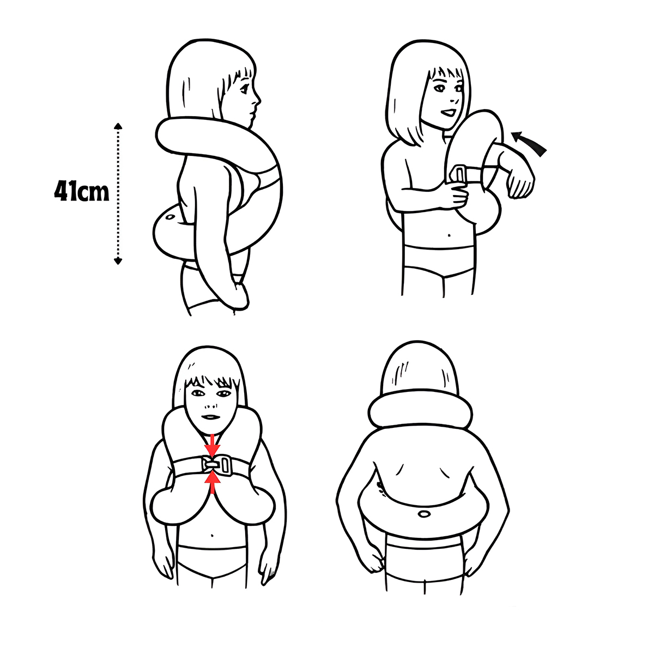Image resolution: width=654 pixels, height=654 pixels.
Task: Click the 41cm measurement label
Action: coord(82,192)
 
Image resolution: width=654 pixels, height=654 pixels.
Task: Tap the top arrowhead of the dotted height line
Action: coord(118,126)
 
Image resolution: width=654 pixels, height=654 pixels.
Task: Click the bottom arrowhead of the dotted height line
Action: coord(118,261)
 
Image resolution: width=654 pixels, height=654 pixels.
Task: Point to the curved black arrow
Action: coord(528,143)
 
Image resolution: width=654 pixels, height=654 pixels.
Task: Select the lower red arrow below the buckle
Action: coord(213,482)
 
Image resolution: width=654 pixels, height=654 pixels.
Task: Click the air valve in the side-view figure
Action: coord(169,217)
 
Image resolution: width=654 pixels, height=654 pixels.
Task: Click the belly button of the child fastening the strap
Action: coord(449,235)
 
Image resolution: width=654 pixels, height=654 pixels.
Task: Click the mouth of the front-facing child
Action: coord(211,417)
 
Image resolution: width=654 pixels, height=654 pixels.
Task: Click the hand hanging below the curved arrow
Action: coord(520,183)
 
